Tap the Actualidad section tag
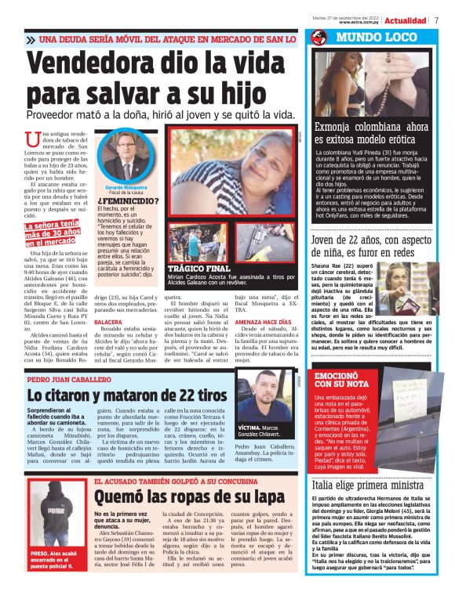[406, 20]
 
